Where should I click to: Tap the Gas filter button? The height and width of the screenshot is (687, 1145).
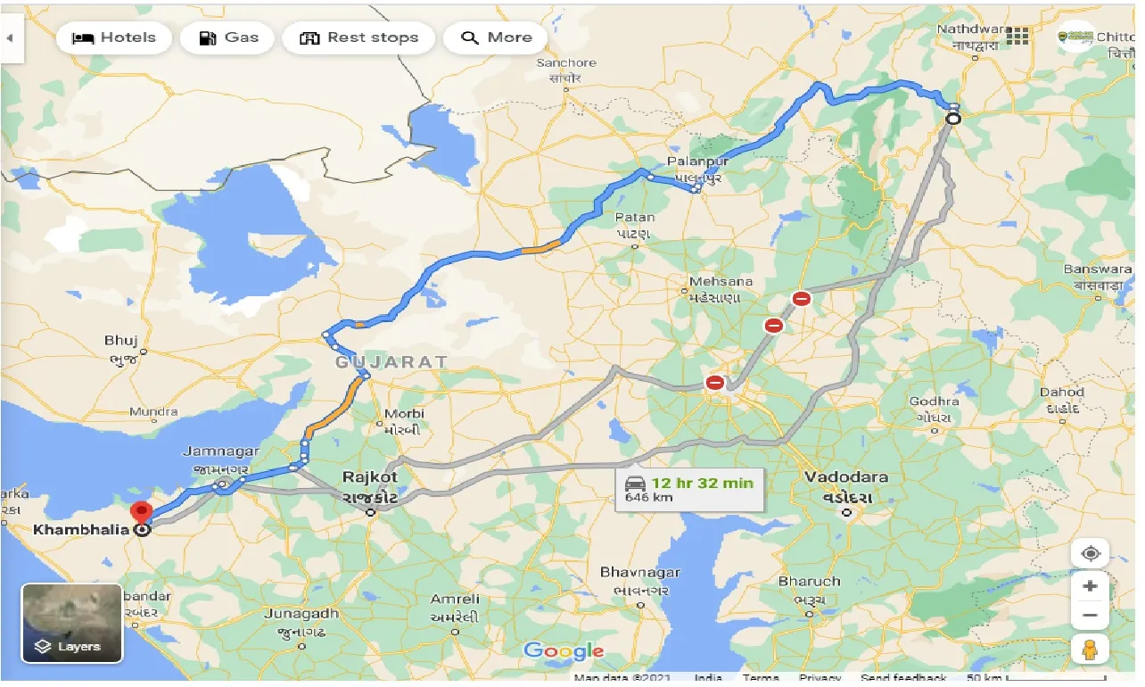(228, 37)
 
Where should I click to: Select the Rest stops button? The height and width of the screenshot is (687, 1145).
(358, 37)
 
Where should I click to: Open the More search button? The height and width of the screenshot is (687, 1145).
(496, 37)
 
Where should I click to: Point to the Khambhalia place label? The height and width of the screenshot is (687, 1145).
(81, 530)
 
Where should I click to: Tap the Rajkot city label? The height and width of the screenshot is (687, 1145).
(370, 477)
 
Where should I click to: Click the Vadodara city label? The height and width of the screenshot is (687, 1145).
(845, 477)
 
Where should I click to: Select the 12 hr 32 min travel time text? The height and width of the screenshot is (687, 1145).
(702, 483)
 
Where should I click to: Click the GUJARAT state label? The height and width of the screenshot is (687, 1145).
(391, 362)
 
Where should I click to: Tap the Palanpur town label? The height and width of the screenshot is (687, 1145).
(692, 162)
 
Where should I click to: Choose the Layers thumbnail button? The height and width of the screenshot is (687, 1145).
(71, 623)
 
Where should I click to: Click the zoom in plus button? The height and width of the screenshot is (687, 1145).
(1090, 587)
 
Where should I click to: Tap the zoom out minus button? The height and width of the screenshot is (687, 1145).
(1090, 616)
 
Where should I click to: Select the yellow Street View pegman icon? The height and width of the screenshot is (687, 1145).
(1090, 650)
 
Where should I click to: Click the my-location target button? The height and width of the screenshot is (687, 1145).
(1090, 553)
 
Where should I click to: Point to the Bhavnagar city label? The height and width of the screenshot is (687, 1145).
(640, 572)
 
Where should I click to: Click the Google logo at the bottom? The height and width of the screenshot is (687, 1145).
(564, 651)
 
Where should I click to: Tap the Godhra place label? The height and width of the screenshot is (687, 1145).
(935, 401)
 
